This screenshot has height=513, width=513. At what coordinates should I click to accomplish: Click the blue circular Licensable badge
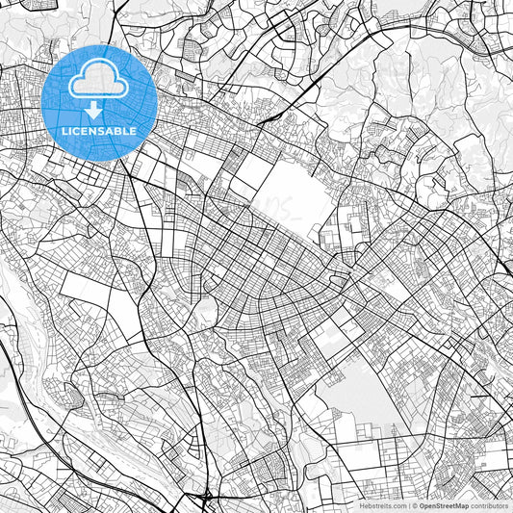tap(100, 101)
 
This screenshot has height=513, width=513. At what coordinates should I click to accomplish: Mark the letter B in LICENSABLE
tap(122, 130)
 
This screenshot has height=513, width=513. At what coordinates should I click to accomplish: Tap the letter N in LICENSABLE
tap(97, 130)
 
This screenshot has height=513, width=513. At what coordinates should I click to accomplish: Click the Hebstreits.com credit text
tap(383, 505)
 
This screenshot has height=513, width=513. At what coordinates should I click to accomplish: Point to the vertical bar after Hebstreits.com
tap(408, 505)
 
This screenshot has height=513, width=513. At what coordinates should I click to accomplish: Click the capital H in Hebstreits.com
tap(363, 505)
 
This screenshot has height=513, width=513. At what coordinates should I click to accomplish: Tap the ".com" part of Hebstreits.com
tap(398, 505)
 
